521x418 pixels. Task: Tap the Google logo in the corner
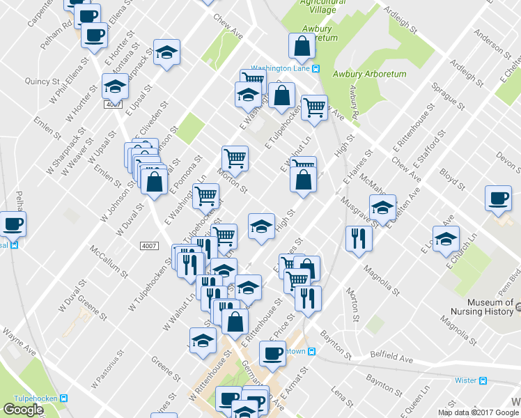[x=24, y=409]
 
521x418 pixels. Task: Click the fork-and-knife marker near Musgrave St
[x=359, y=238]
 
